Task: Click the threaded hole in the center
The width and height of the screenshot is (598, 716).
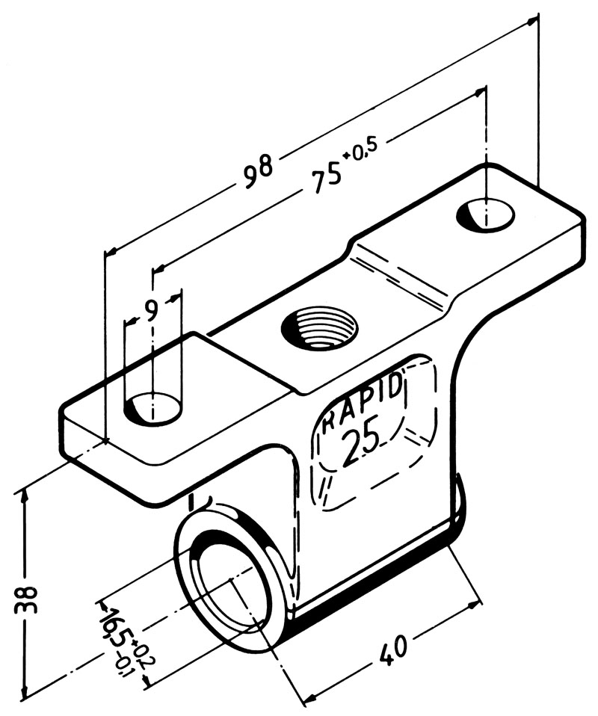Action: [319, 327]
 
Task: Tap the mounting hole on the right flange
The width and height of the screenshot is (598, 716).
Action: [485, 215]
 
